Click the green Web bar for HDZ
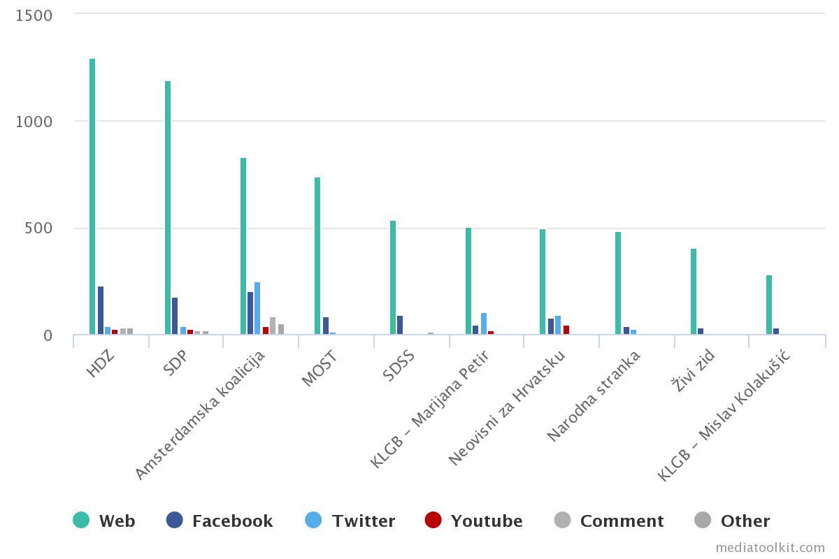[x=92, y=196]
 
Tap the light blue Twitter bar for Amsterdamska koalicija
[x=257, y=308]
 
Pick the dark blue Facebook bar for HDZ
[x=101, y=310]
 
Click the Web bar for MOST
[x=317, y=256]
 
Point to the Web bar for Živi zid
[x=694, y=291]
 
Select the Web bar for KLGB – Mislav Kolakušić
[x=769, y=305]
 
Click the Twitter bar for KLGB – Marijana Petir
[x=484, y=324]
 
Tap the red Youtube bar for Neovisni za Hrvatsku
[x=566, y=330]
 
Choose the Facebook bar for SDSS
[x=400, y=325]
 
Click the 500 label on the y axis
[x=39, y=228]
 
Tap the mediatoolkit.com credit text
[x=770, y=548]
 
